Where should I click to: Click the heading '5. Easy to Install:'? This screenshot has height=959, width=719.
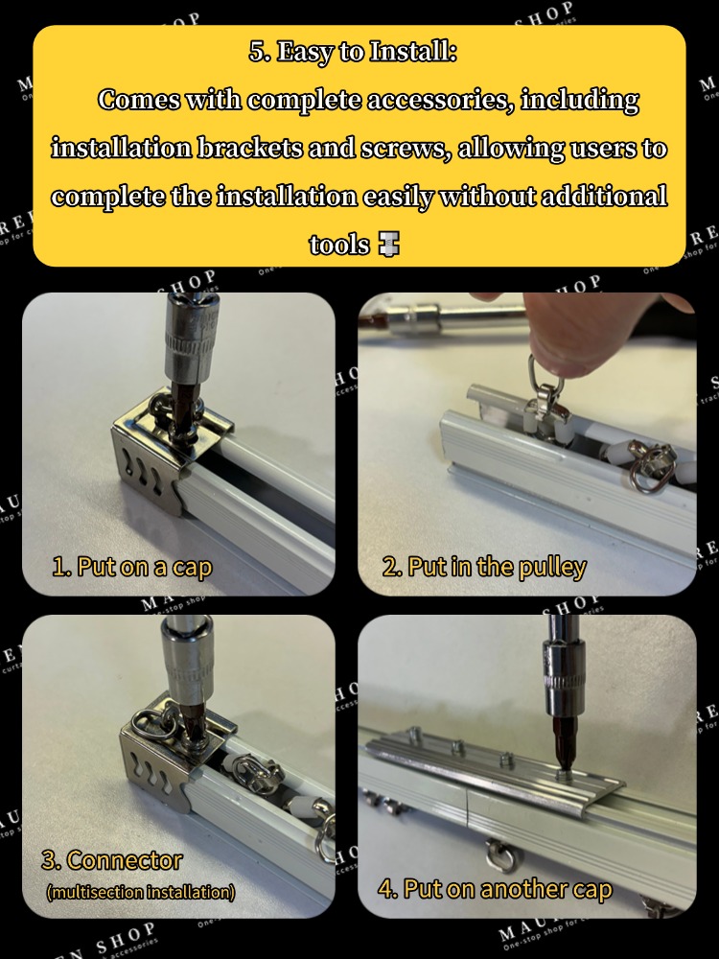[353, 52]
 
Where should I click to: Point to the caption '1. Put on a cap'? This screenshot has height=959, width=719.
[131, 566]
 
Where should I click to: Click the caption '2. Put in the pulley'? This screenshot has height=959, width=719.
[483, 567]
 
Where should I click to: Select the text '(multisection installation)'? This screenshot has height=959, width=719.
[140, 892]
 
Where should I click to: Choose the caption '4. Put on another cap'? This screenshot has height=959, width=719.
[494, 889]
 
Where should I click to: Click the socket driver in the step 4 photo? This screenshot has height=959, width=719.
[567, 690]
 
